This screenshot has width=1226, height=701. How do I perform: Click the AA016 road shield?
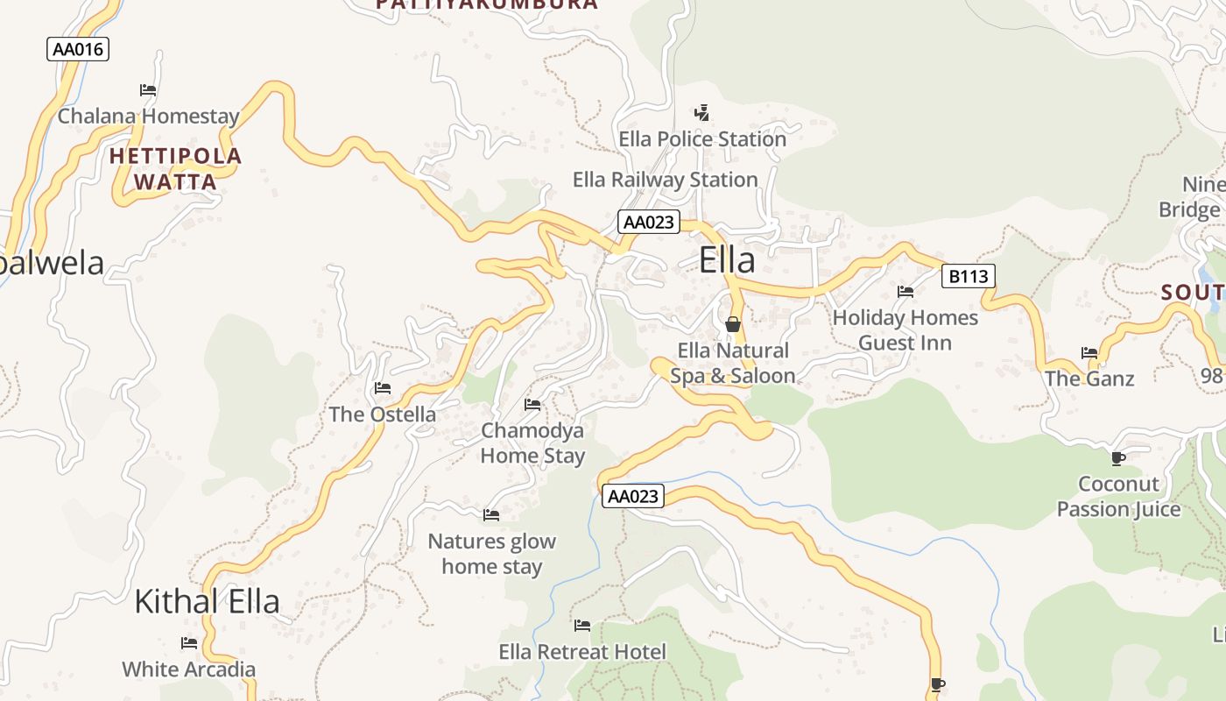click(x=78, y=49)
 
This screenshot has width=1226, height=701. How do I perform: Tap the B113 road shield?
click(x=968, y=277)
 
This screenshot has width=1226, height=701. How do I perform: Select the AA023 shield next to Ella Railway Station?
click(x=648, y=222)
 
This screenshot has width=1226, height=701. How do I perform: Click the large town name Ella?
click(x=727, y=260)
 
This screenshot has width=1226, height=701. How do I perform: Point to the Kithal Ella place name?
click(x=207, y=601)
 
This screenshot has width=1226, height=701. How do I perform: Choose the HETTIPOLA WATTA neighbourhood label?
click(x=175, y=169)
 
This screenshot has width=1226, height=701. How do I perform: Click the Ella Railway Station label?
click(x=665, y=180)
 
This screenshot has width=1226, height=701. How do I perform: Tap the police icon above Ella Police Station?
click(x=701, y=112)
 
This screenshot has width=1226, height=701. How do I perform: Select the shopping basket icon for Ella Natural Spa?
click(x=733, y=324)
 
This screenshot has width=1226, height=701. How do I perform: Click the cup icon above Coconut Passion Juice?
click(x=1118, y=457)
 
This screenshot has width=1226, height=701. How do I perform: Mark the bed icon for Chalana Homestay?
click(x=148, y=89)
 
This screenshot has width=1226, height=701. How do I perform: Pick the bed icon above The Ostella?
click(x=383, y=387)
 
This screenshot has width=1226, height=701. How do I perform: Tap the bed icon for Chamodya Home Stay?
click(x=532, y=404)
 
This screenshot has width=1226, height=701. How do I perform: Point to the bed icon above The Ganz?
click(x=1089, y=352)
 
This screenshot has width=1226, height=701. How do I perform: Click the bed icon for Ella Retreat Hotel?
click(x=582, y=625)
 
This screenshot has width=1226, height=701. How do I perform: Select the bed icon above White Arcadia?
click(x=189, y=642)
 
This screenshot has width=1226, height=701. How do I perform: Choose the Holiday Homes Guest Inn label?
click(x=905, y=329)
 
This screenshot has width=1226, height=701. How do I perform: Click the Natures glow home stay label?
click(x=491, y=554)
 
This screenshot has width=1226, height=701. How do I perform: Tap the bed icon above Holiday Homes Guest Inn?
click(x=905, y=291)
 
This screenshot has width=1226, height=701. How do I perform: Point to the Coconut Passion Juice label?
click(x=1118, y=496)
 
